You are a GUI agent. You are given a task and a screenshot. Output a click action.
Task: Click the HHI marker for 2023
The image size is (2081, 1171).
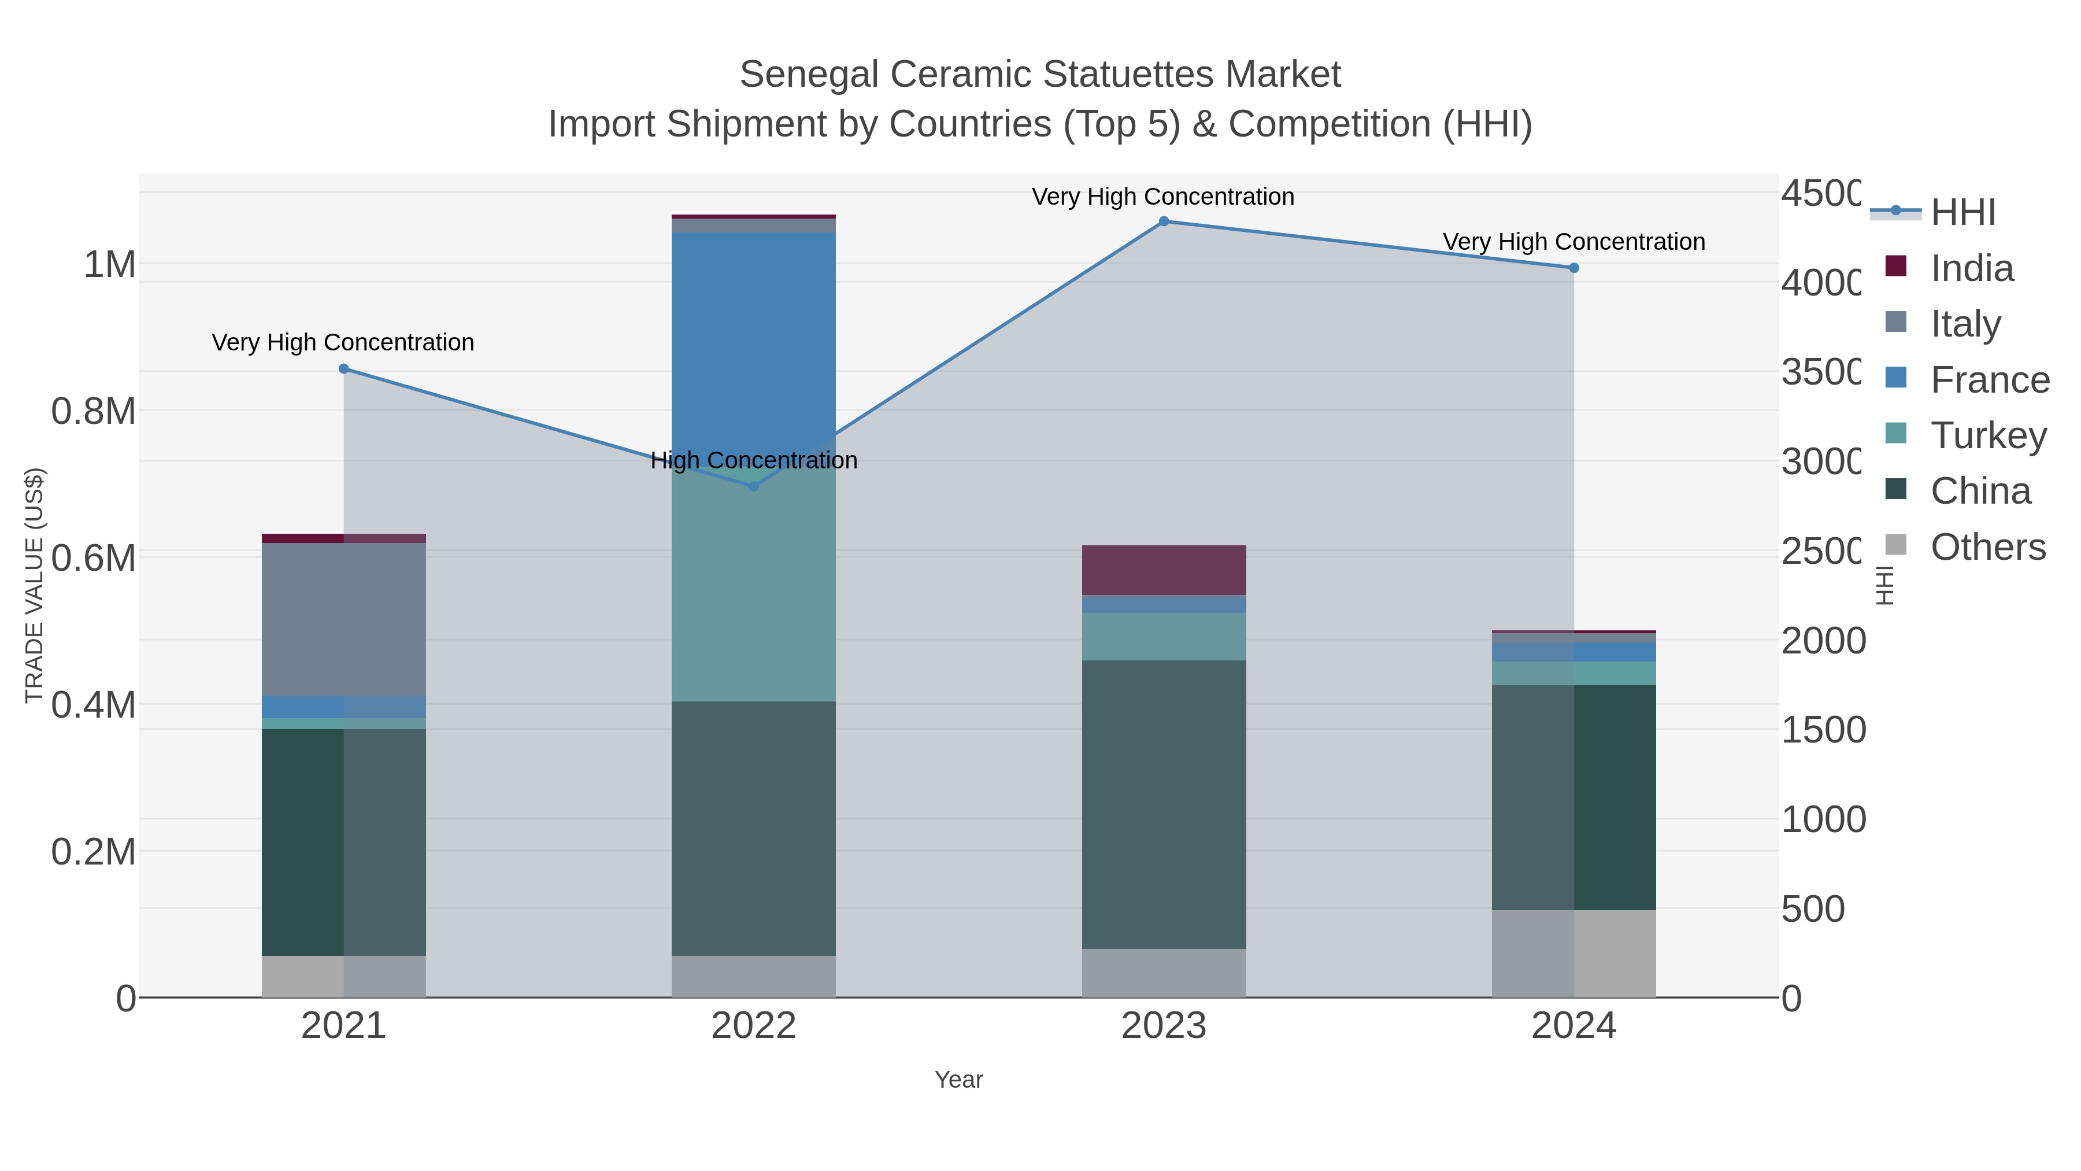pos(1163,221)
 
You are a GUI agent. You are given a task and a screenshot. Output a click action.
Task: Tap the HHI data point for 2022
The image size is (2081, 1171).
pos(754,486)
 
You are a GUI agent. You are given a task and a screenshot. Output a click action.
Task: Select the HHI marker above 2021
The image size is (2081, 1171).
pos(343,368)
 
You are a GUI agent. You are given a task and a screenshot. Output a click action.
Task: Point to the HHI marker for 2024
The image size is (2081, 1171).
pos(1573,268)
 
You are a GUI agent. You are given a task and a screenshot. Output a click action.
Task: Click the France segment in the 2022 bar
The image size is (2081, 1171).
pos(754,339)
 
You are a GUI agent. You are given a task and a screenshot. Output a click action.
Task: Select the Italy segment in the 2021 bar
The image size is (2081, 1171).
pos(343,618)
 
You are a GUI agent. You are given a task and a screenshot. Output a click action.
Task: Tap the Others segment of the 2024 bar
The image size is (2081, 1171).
pos(1573,954)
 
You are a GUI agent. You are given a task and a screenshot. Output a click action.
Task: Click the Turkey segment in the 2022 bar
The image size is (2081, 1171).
pos(754,590)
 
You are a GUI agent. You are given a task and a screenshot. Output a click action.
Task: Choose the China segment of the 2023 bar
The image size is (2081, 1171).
pos(1163,804)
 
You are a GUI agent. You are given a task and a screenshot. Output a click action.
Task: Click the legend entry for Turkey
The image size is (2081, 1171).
pos(1987,435)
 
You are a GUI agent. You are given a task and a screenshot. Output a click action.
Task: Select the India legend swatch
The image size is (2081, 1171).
pos(1895,266)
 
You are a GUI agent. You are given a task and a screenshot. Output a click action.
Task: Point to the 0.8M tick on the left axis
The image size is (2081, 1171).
pos(93,411)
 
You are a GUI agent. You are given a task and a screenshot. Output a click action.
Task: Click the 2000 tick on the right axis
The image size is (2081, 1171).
pos(1823,640)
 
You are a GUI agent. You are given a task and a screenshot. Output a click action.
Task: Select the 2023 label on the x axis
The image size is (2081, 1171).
pos(1163,1025)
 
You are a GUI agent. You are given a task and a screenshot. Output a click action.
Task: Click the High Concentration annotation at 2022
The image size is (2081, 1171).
pos(754,461)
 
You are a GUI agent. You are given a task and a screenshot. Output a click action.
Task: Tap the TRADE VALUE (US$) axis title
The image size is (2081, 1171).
pos(34,585)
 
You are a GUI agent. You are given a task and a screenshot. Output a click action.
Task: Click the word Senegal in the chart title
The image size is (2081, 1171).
pos(809,75)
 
